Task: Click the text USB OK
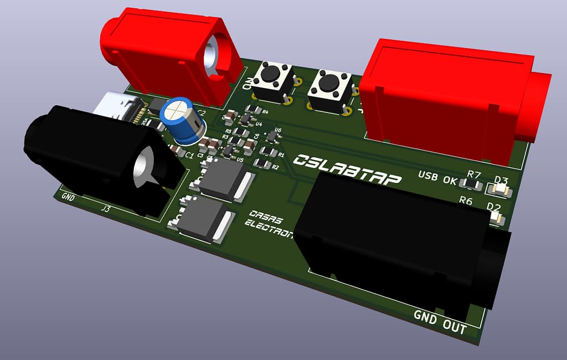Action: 437,178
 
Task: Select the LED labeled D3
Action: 498,188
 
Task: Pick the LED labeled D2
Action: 496,218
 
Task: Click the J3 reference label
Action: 105,208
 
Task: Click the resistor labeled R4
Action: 253,109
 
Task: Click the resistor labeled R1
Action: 267,151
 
